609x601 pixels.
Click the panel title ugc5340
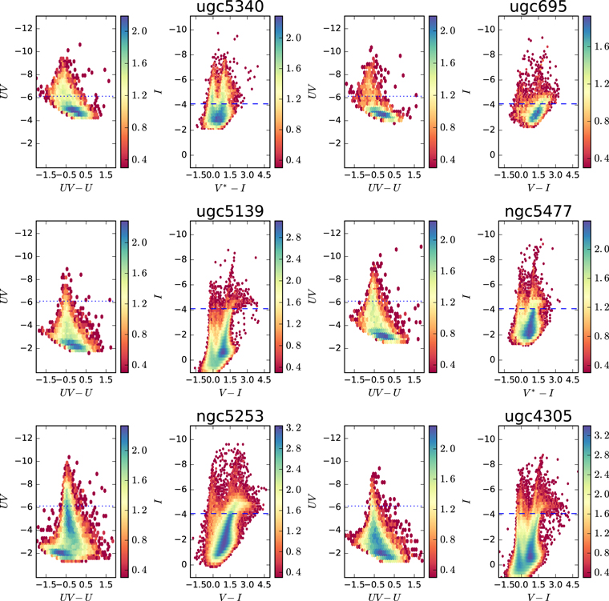(x=230, y=6)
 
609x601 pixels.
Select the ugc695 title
(x=538, y=6)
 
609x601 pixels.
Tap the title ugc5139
(x=230, y=211)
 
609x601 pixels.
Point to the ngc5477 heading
(x=538, y=211)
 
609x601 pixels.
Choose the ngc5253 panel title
(x=230, y=416)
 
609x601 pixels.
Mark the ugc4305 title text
(x=538, y=416)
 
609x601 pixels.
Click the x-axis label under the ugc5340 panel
(x=230, y=188)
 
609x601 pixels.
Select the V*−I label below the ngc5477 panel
(x=538, y=393)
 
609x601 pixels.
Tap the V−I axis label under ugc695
(x=538, y=188)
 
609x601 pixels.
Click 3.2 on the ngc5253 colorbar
(x=293, y=428)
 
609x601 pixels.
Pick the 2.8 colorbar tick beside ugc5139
(x=293, y=237)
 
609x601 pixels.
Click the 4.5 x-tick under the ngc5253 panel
(x=264, y=585)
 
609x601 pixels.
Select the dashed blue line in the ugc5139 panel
(x=230, y=309)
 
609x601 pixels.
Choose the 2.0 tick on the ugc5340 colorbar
(x=293, y=38)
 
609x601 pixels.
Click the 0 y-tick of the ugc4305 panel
(x=493, y=564)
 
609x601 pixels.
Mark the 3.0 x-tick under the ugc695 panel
(x=555, y=175)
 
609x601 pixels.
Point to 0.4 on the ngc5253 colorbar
(x=293, y=572)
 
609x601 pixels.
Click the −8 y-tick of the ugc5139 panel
(x=180, y=259)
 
